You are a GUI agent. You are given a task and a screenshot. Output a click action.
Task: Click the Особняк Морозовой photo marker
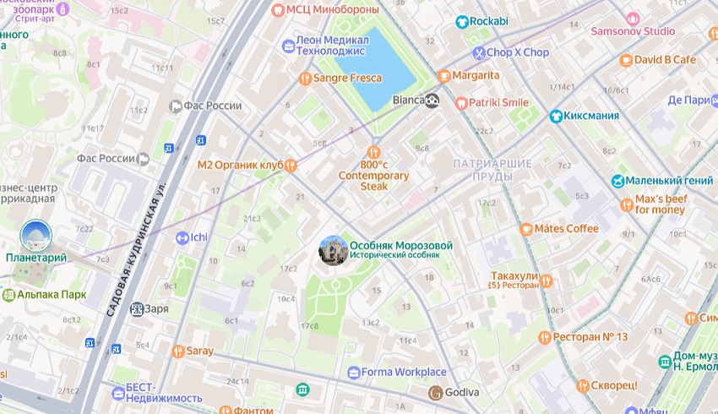(332, 250)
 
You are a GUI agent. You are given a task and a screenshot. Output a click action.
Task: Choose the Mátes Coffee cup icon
(526, 228)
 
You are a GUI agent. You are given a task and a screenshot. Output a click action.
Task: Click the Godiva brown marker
(435, 392)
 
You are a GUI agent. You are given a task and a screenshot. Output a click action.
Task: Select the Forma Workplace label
(404, 372)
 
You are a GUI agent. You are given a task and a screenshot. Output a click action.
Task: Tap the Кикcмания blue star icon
(556, 116)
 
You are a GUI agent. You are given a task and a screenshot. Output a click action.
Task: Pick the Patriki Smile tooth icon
(461, 102)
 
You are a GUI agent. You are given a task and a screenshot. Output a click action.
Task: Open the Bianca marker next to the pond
(432, 101)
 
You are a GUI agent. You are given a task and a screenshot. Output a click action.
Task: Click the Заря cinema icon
(136, 308)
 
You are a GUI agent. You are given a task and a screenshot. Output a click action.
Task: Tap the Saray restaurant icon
(177, 351)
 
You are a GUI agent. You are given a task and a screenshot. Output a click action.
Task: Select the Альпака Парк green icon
(8, 295)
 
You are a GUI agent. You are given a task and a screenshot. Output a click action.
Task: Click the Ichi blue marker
(182, 237)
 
